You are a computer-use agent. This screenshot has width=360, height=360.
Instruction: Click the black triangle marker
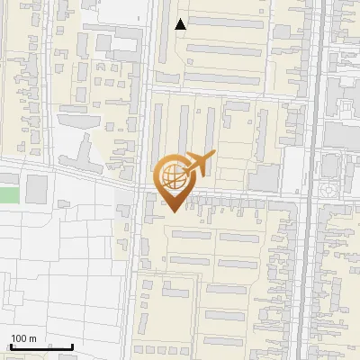coord(181,24)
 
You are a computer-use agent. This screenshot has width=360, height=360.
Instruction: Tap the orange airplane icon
coord(196,165)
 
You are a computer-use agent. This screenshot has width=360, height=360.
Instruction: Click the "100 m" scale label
coord(23,338)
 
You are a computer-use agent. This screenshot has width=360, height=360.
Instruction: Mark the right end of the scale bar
coord(73,346)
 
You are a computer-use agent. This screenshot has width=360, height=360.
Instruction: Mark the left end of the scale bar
coord(10,346)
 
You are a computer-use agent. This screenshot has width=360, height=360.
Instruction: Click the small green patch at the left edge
coord(8,193)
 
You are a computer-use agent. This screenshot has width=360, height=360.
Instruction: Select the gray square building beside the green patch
coord(37,189)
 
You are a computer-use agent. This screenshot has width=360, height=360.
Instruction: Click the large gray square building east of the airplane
coord(264,177)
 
